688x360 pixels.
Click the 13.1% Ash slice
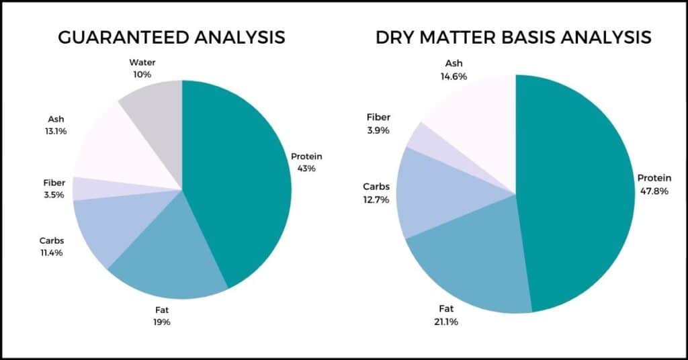coord(118,149)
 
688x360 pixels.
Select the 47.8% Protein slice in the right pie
coord(579,193)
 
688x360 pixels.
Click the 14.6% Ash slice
coord(478,118)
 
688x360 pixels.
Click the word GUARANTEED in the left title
coord(124,37)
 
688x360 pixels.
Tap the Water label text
coord(142,62)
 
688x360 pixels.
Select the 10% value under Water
coord(142,75)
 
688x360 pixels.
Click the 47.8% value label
coord(654,191)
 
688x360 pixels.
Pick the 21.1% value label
coord(446,322)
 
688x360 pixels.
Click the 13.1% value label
coord(56,131)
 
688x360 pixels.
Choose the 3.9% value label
coord(378,130)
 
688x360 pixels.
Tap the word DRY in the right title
coord(394,37)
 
